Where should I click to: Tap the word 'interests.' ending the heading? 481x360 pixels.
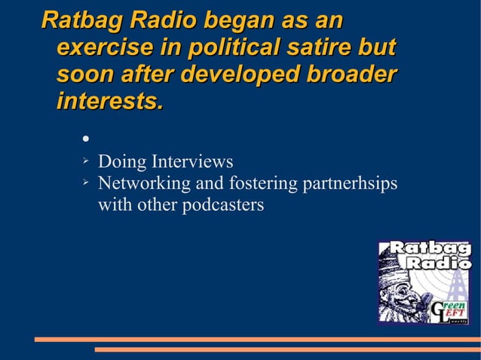point(109,102)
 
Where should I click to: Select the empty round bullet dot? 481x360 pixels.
point(86,139)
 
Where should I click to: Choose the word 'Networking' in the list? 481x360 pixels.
point(144,183)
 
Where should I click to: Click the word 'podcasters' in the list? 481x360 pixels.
point(222,205)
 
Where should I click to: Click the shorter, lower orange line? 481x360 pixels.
point(286,349)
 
